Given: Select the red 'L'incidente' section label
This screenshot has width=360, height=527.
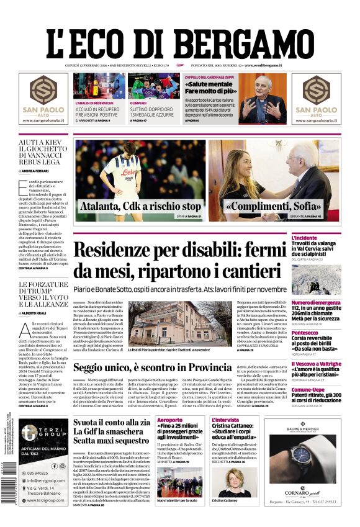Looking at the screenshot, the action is click(x=322, y=238).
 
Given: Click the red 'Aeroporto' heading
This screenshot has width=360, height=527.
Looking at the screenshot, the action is click(x=170, y=421).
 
